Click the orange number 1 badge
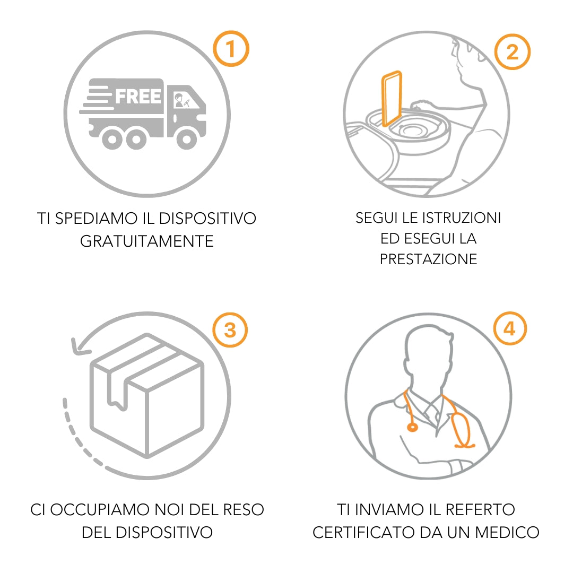[231, 49]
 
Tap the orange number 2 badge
[513, 51]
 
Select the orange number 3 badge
[230, 329]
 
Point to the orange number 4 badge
[510, 328]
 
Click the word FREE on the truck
[138, 97]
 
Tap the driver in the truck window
[179, 100]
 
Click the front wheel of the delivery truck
[186, 139]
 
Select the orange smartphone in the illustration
[392, 99]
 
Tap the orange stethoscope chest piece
[412, 427]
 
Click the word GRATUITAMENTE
[146, 241]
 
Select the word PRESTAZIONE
[428, 259]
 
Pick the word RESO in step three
[244, 509]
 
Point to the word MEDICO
[507, 532]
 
